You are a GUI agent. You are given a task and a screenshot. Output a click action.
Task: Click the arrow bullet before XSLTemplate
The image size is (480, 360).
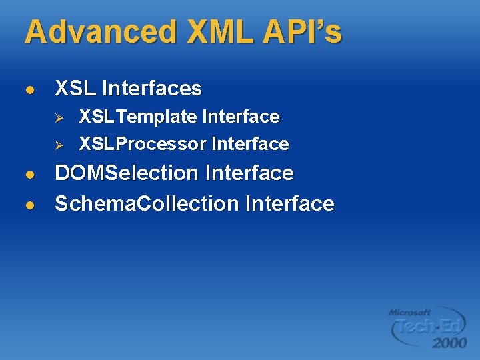pyautogui.click(x=58, y=117)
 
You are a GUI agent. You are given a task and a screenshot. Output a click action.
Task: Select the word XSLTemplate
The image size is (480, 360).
pyautogui.click(x=138, y=117)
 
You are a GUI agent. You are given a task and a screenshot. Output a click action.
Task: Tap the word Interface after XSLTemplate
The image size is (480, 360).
pyautogui.click(x=241, y=117)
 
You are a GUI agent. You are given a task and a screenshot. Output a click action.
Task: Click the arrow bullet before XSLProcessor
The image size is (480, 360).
pyautogui.click(x=58, y=145)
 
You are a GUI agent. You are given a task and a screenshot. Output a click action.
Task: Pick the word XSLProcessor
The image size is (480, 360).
pyautogui.click(x=143, y=144)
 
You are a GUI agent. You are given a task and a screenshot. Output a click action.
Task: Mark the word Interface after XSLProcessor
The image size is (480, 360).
pyautogui.click(x=250, y=144)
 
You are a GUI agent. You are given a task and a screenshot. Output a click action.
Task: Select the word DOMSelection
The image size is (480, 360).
pyautogui.click(x=127, y=173)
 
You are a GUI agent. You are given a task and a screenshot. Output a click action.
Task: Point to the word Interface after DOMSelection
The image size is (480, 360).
pyautogui.click(x=249, y=173)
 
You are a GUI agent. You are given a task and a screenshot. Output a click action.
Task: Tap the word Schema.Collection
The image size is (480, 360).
pyautogui.click(x=147, y=203)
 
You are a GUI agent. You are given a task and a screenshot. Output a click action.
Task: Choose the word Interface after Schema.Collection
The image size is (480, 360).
pyautogui.click(x=289, y=203)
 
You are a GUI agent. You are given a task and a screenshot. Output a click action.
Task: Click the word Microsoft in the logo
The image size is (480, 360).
pyautogui.click(x=409, y=312)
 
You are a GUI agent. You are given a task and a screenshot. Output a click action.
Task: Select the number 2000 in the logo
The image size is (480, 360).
pyautogui.click(x=449, y=343)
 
